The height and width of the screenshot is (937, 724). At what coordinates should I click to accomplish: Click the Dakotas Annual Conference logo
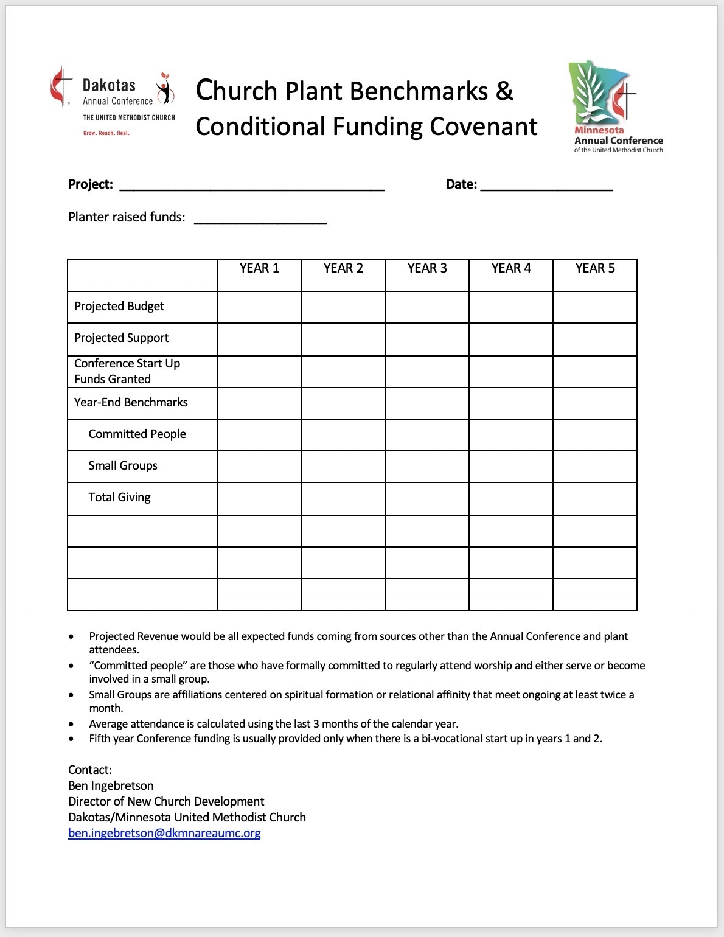[113, 101]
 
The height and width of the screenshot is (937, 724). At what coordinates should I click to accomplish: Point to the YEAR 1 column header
[259, 268]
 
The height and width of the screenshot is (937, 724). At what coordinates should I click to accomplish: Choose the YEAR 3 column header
[427, 268]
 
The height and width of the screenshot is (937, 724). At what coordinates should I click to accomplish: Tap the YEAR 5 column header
[595, 268]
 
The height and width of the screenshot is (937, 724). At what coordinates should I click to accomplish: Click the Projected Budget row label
[119, 306]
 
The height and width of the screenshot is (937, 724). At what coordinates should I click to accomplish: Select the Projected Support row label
[122, 338]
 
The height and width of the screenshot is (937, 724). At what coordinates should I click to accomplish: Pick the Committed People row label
[137, 434]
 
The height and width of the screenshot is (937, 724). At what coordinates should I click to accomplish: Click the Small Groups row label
[123, 465]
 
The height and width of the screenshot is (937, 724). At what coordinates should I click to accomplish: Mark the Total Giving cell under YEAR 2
[343, 498]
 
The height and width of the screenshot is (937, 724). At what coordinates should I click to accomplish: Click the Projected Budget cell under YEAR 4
[511, 307]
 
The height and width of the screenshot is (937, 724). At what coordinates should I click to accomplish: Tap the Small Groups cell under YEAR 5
[595, 467]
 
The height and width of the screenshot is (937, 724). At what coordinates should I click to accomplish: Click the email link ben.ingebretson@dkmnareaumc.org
[164, 833]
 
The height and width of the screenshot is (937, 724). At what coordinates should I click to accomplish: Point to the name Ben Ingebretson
[111, 785]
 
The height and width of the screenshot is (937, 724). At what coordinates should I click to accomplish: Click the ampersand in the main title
[505, 91]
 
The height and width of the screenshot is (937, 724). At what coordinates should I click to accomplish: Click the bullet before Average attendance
[72, 724]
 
